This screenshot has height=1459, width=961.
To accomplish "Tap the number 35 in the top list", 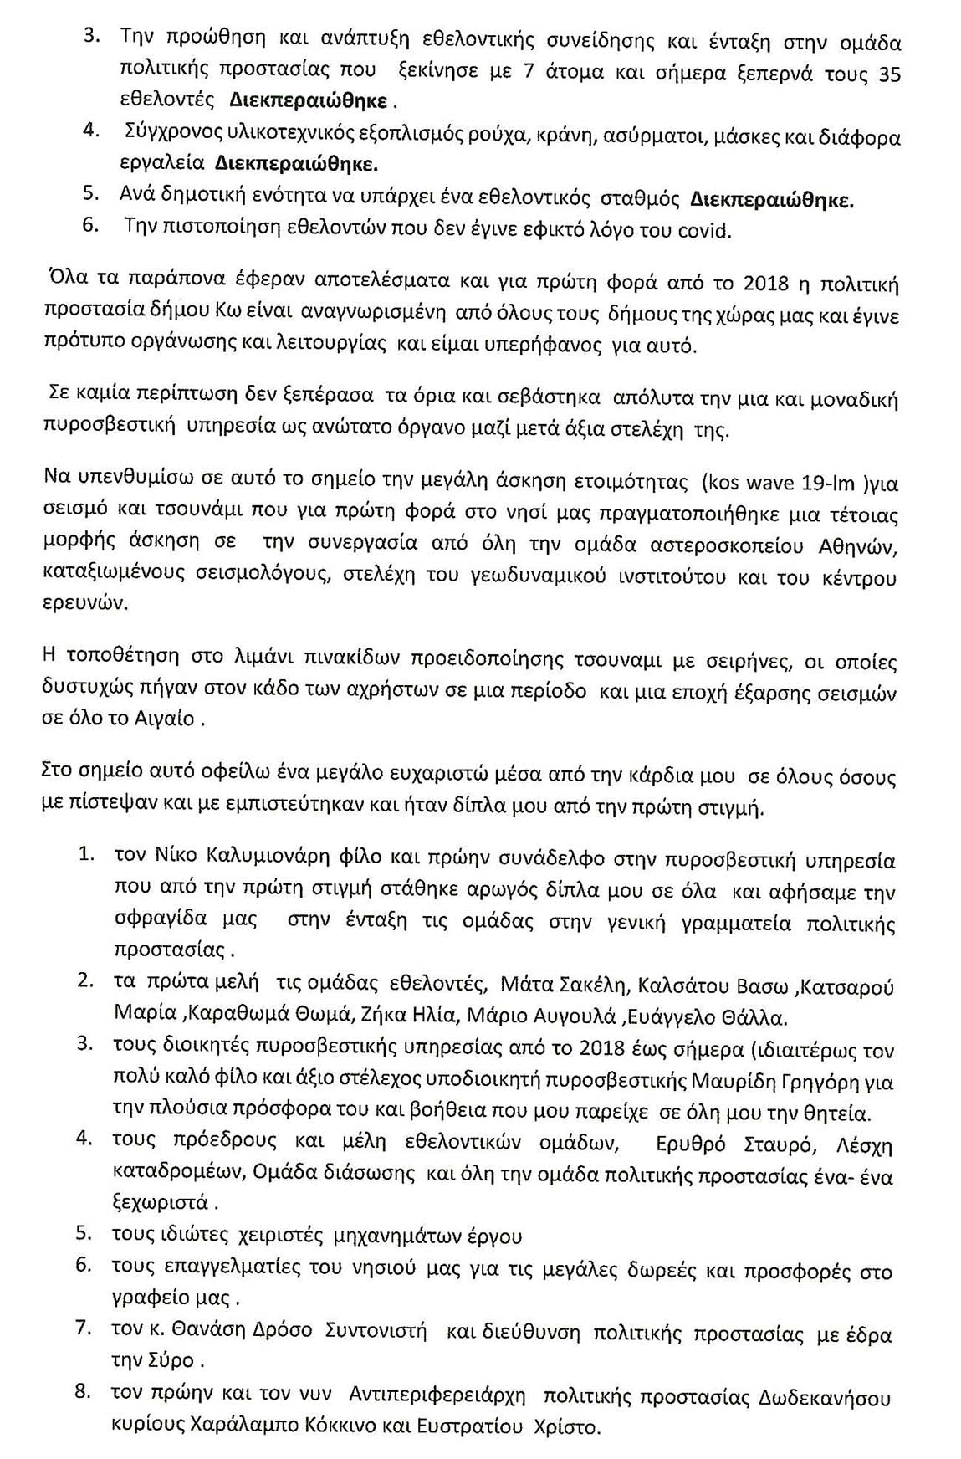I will coord(889,75).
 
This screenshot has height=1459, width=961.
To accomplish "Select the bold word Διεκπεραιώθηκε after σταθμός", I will coord(772,200).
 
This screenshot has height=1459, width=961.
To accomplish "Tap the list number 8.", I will coord(83,1392).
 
